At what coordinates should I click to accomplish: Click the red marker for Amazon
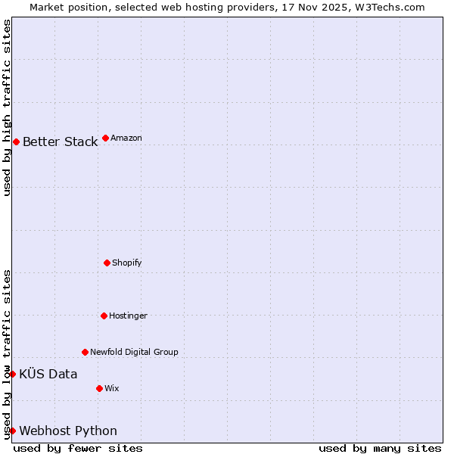105,138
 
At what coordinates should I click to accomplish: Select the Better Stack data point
16,141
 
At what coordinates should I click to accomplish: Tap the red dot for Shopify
107,263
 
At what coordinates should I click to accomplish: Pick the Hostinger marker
104,316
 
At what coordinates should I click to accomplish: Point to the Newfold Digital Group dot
85,352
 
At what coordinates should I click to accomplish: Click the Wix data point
99,388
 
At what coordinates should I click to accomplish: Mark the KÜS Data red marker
12,374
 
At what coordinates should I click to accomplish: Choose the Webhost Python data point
12,431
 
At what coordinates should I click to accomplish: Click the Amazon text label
126,138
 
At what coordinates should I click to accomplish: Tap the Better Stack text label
60,141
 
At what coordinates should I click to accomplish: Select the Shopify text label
127,263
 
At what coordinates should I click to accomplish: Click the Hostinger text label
128,316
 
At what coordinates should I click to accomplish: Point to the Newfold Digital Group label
134,352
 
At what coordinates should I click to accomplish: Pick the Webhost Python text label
68,431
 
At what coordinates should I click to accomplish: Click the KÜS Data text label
48,374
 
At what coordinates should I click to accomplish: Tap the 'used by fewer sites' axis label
78,448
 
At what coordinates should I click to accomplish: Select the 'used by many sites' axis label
380,448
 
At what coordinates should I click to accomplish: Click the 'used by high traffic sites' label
7,107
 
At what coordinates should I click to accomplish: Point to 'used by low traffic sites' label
7,353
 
